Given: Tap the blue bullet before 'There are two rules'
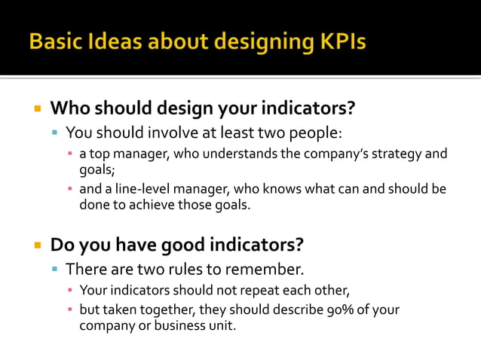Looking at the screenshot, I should click(x=55, y=270).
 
